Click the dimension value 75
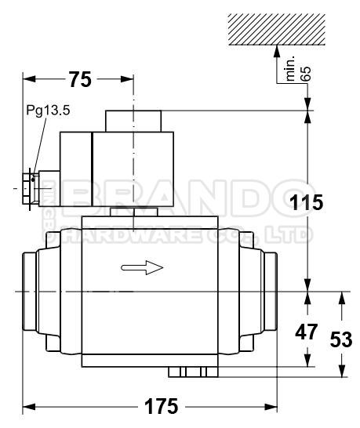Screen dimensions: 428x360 pyautogui.click(x=80, y=80)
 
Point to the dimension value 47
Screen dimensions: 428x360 pyautogui.click(x=304, y=332)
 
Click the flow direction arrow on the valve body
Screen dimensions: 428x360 pyautogui.click(x=142, y=268)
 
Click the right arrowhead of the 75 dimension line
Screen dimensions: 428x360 pyautogui.click(x=130, y=79)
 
